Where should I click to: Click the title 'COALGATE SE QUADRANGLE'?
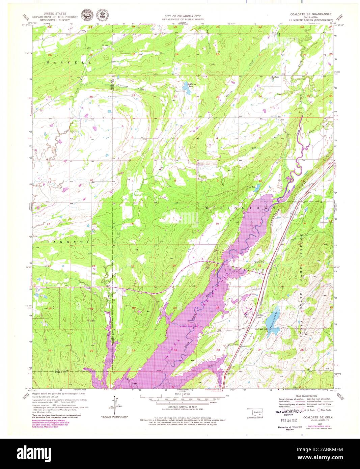coord(311,15)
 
